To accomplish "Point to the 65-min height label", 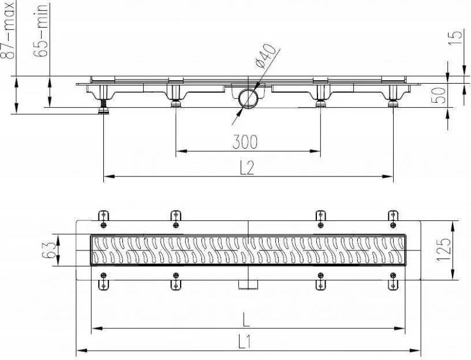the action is (x=41, y=30).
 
